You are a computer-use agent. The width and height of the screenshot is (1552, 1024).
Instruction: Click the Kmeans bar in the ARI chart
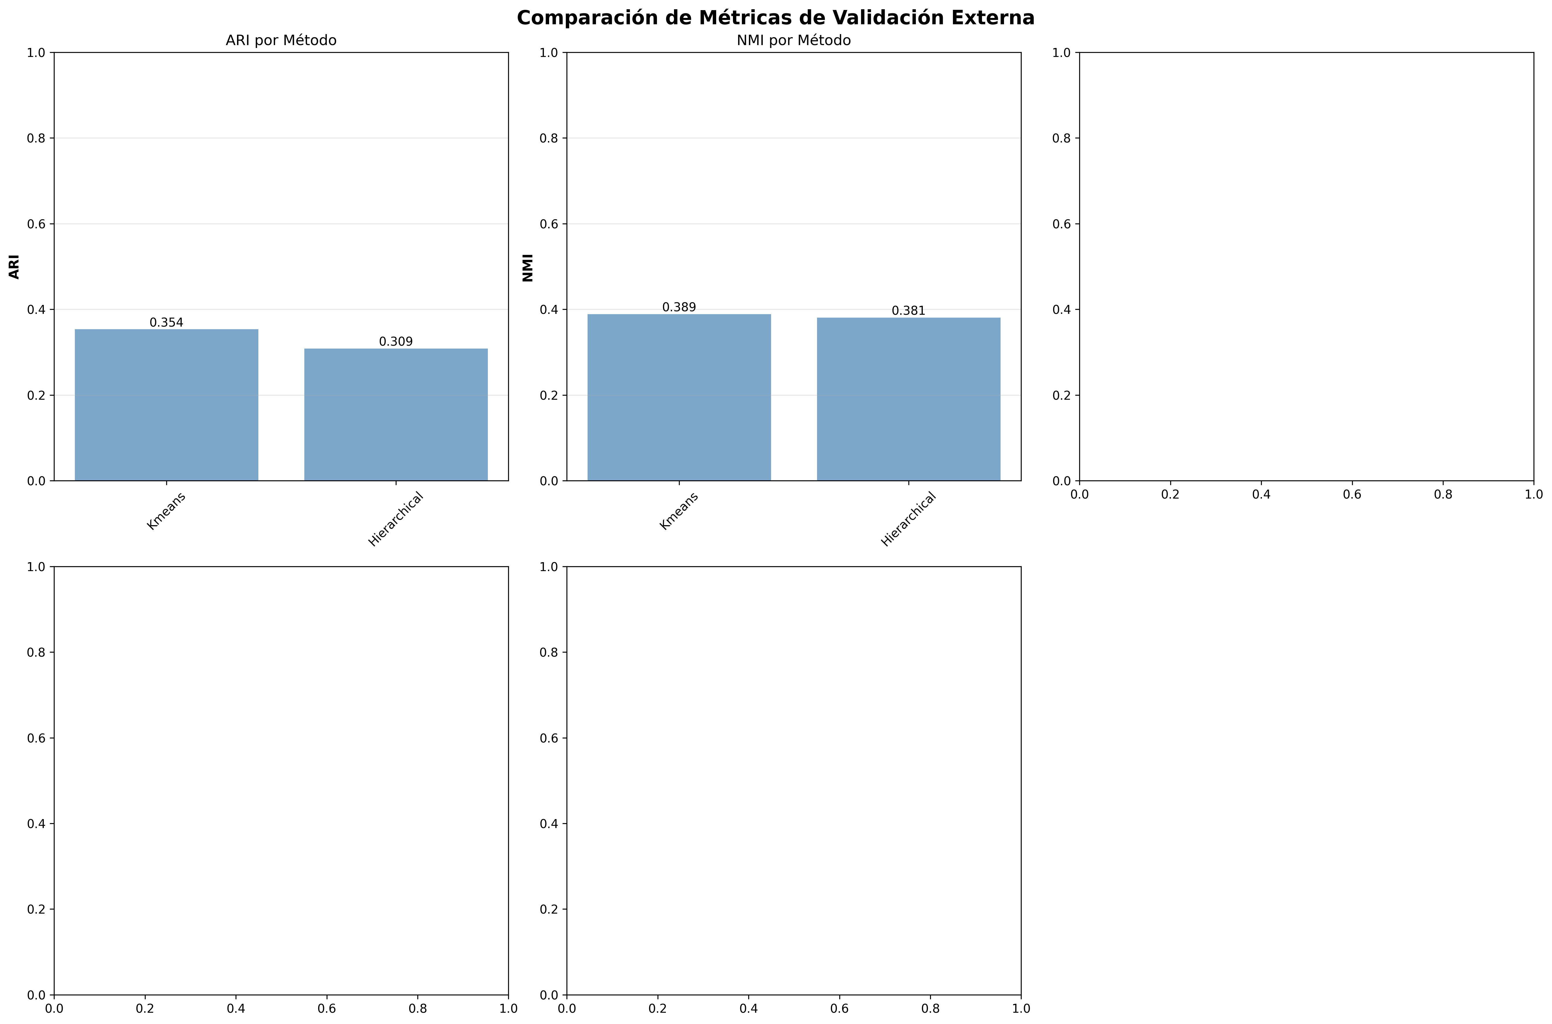pyautogui.click(x=166, y=405)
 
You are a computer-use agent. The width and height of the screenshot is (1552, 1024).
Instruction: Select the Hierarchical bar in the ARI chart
pyautogui.click(x=396, y=415)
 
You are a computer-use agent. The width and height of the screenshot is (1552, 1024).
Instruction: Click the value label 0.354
pyautogui.click(x=166, y=323)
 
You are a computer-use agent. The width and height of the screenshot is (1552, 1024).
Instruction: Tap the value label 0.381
pyautogui.click(x=908, y=311)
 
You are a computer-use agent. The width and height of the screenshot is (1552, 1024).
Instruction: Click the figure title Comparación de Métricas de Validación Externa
pyautogui.click(x=776, y=18)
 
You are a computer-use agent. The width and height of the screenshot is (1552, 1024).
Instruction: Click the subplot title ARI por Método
pyautogui.click(x=281, y=40)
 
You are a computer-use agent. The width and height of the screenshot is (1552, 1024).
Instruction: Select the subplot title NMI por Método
pyautogui.click(x=793, y=40)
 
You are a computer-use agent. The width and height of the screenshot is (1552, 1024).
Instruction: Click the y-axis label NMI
pyautogui.click(x=527, y=268)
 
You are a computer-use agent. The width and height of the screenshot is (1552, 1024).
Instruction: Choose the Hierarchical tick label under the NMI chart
pyautogui.click(x=908, y=519)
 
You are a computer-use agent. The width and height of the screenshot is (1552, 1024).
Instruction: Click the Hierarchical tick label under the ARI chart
pyautogui.click(x=396, y=519)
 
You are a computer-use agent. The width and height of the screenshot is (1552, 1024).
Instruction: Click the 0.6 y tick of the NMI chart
pyautogui.click(x=549, y=224)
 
